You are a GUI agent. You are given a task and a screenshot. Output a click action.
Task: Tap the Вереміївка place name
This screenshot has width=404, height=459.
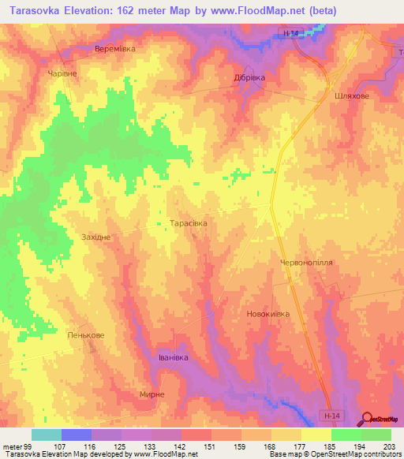(x=115, y=49)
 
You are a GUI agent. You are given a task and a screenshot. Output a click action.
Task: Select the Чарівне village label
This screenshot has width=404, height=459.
(x=62, y=72)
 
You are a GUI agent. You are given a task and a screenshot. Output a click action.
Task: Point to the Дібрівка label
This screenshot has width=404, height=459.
(x=252, y=78)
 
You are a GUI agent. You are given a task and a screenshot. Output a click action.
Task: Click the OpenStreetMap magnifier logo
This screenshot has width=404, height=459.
(x=368, y=419)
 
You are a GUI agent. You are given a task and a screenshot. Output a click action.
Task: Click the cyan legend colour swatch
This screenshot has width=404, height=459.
(x=46, y=435)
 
